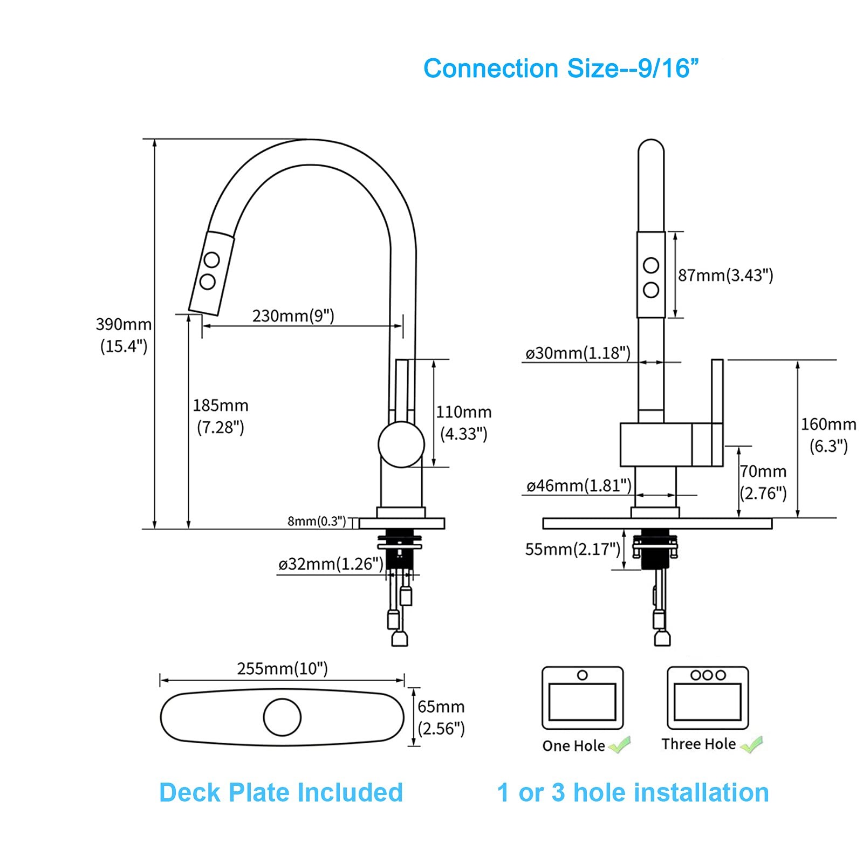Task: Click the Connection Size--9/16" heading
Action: [x=561, y=69]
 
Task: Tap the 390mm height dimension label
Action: [x=124, y=335]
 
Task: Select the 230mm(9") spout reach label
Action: [x=293, y=316]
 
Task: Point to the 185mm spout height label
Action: [x=221, y=416]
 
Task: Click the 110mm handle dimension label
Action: [x=464, y=423]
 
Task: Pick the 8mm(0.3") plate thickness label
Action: [x=317, y=521]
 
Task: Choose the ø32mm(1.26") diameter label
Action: [x=331, y=564]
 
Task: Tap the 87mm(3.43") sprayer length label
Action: [x=725, y=275]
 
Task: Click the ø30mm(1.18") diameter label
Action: [x=578, y=353]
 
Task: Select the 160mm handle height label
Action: [x=828, y=435]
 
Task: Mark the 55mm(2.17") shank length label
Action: [x=573, y=550]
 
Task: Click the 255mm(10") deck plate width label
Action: [x=283, y=669]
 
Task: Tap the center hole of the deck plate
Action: [x=282, y=717]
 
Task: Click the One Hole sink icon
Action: [x=583, y=698]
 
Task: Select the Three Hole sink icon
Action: [x=708, y=698]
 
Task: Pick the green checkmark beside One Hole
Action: [x=620, y=745]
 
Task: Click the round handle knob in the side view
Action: [x=401, y=444]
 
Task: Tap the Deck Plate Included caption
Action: [x=281, y=792]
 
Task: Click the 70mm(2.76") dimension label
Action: [x=763, y=482]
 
